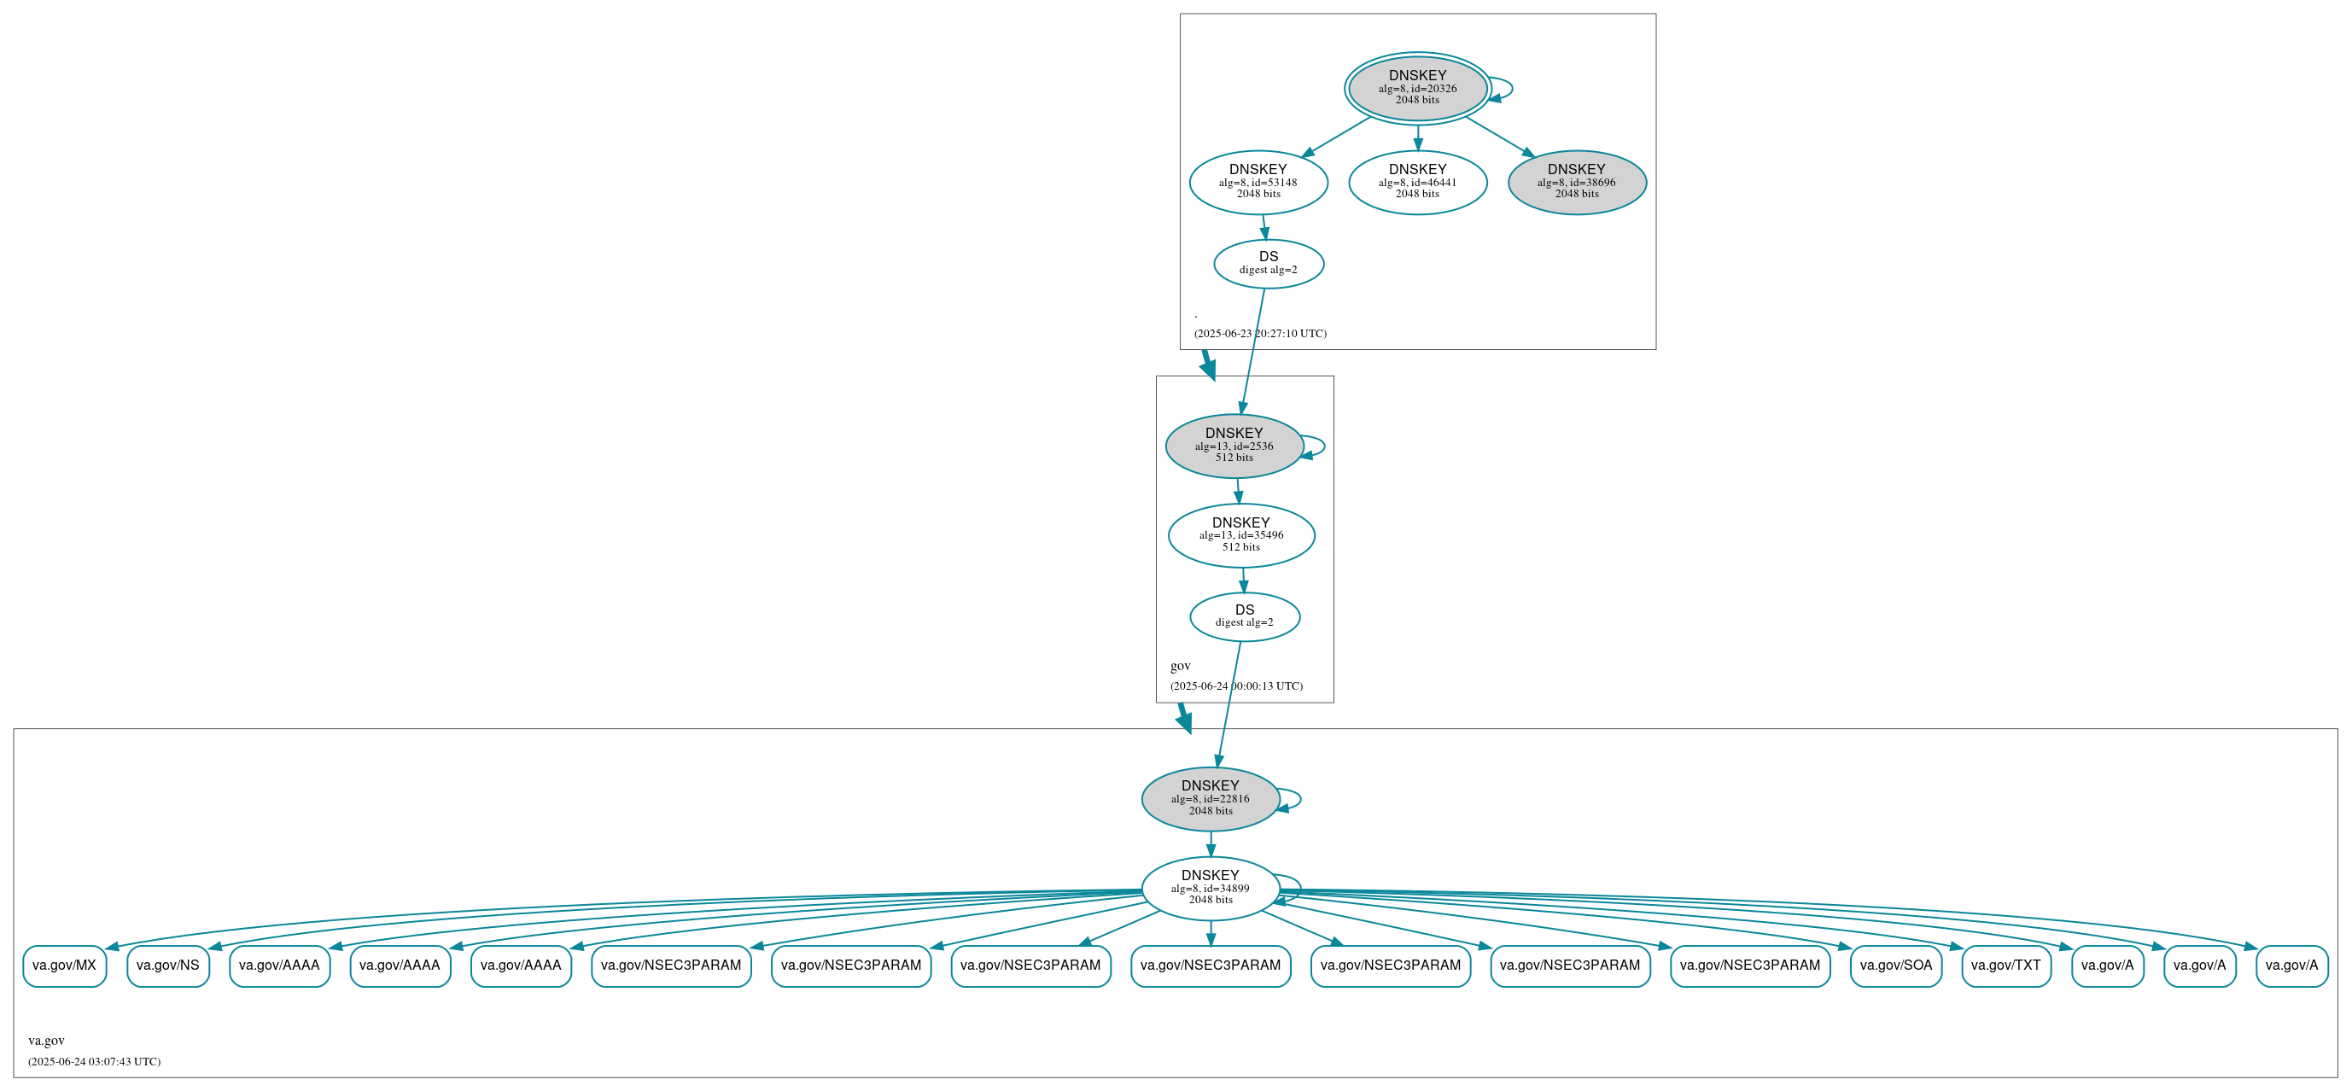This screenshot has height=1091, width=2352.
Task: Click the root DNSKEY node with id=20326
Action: coord(1417,88)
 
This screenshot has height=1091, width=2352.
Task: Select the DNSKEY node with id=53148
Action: coord(1258,182)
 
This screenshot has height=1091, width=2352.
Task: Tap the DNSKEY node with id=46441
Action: coord(1417,182)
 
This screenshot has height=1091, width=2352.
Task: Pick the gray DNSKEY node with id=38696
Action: coord(1576,182)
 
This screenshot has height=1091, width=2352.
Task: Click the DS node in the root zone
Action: coord(1269,264)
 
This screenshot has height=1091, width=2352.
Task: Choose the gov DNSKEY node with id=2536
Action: coord(1234,446)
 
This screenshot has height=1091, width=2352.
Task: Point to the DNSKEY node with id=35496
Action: coord(1240,535)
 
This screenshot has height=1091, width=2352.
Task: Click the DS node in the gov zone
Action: coord(1245,616)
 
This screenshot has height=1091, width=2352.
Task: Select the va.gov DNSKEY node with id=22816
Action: coord(1210,799)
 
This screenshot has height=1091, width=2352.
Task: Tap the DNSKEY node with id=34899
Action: coord(1210,889)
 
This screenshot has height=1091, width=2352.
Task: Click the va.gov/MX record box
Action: coord(64,966)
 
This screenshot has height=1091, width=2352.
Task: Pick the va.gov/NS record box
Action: coord(168,966)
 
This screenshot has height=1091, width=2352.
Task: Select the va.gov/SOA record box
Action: coord(1895,966)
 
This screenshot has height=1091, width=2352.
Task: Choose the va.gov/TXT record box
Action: coord(2006,966)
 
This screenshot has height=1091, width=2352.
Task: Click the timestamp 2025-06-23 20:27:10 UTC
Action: coord(1260,334)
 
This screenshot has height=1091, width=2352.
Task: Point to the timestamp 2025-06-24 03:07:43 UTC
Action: coord(94,1062)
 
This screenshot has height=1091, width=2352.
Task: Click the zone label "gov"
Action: coord(1180,666)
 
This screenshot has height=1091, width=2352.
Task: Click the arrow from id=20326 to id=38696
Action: coord(1499,136)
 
